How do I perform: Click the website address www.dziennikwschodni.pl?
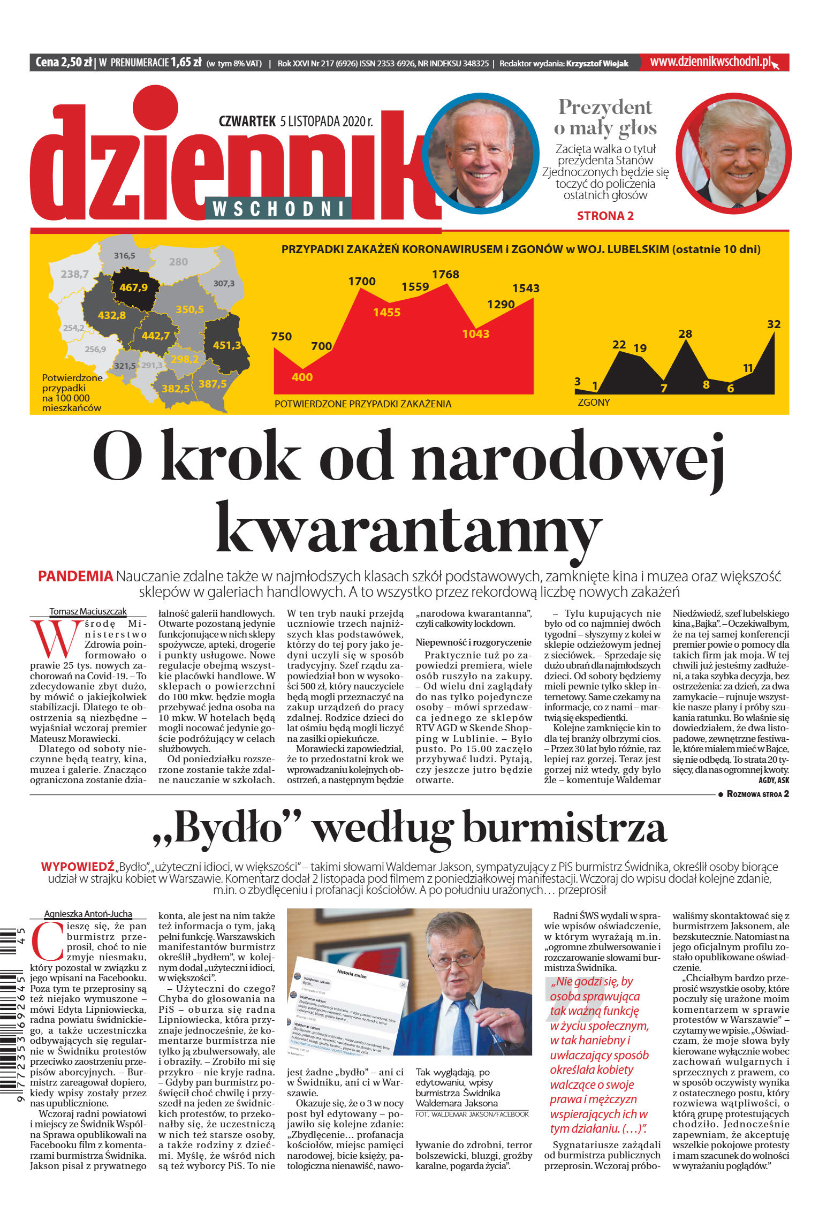[x=710, y=62]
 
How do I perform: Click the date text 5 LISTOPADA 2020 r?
[x=327, y=122]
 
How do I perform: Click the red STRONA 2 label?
[x=605, y=216]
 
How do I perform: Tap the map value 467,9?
[x=133, y=287]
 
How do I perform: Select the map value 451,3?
[x=227, y=345]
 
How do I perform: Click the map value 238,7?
[x=74, y=274]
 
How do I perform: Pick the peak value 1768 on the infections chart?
[x=445, y=275]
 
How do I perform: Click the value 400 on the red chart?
[x=302, y=377]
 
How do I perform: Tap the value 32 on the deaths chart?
[x=774, y=324]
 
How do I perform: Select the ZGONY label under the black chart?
[x=594, y=402]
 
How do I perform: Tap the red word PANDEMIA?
[x=75, y=577]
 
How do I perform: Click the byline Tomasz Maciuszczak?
[x=88, y=611]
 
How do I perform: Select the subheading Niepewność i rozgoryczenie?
[x=473, y=642]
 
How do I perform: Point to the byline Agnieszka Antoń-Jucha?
[x=88, y=914]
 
